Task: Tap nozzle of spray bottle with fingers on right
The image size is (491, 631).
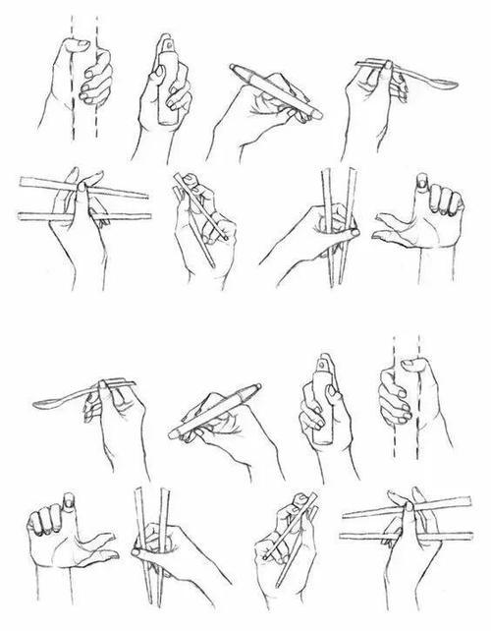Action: pyautogui.click(x=166, y=44)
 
